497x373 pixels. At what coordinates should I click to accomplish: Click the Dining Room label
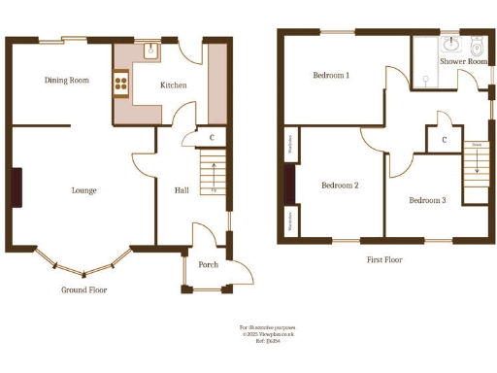(x=67, y=81)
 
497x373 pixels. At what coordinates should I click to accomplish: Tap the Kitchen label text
(x=174, y=85)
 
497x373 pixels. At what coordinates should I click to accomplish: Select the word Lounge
(x=83, y=190)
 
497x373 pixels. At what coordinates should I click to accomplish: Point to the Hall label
(x=182, y=190)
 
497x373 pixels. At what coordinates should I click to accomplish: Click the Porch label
(x=208, y=265)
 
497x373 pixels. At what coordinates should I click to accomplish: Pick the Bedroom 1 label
(x=331, y=75)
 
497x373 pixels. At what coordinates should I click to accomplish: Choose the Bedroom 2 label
(x=341, y=185)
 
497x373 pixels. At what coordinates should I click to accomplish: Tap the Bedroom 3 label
(x=427, y=200)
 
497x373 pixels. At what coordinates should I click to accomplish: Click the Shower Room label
(x=463, y=61)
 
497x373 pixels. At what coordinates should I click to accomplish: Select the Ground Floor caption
(x=84, y=289)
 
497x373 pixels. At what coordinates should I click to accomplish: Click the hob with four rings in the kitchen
(x=122, y=84)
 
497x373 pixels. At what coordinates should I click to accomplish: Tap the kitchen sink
(x=150, y=51)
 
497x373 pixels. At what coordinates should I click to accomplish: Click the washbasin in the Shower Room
(x=451, y=45)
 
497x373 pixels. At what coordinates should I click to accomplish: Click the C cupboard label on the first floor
(x=444, y=140)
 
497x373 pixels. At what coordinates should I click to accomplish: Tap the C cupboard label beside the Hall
(x=211, y=138)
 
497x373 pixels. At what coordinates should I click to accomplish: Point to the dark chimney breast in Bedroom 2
(x=288, y=183)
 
